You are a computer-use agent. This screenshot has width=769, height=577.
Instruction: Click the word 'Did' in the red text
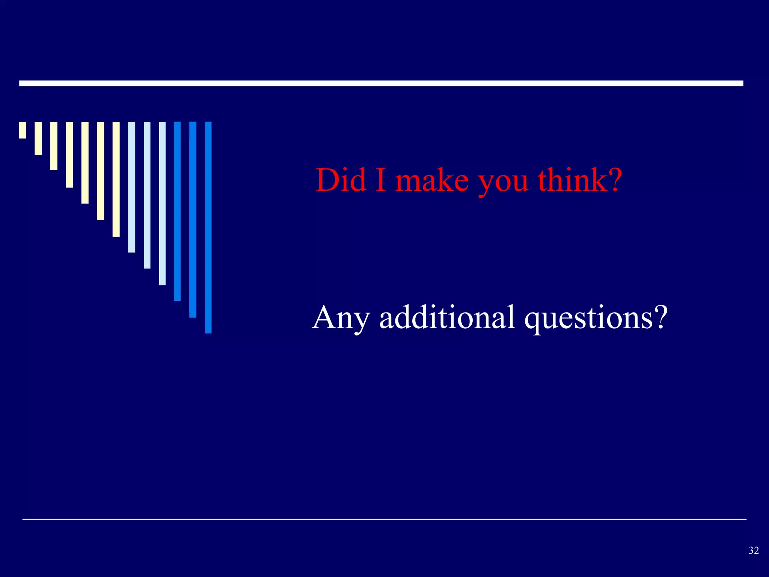point(341,180)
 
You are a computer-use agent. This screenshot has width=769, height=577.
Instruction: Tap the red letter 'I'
point(380,180)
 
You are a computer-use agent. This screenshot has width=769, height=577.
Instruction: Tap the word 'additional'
point(447,317)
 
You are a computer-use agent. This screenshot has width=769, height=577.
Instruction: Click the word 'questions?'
point(596,319)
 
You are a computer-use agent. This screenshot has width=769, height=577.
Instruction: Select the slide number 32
point(754,551)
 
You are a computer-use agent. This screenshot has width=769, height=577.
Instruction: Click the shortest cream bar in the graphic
point(23,130)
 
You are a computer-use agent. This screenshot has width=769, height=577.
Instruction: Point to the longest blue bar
point(208,227)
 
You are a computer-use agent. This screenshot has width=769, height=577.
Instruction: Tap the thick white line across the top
point(381,83)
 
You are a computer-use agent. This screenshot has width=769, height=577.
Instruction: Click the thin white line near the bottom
point(384,519)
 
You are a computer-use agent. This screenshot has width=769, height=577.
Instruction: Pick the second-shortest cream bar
point(38,138)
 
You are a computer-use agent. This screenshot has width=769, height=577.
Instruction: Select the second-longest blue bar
point(193,219)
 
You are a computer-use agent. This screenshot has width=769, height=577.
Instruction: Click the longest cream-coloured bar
point(116,179)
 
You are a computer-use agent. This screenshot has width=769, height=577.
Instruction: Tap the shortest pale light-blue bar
point(131,187)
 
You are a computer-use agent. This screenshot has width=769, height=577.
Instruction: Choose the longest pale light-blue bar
point(162,203)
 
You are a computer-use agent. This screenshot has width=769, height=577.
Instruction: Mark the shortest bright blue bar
point(177,211)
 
